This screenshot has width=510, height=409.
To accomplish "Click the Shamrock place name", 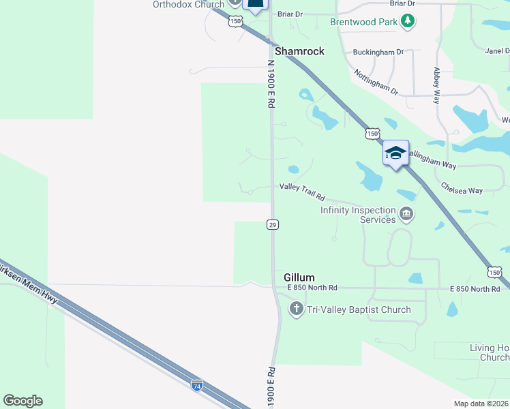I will [299, 51].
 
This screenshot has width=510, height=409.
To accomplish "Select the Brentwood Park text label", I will [363, 22].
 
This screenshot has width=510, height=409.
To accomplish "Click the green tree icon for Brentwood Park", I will [408, 22].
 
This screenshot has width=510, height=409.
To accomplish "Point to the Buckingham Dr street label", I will [378, 52].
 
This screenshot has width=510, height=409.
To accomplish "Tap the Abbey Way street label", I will [436, 85].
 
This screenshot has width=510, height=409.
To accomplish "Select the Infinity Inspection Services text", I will [358, 215].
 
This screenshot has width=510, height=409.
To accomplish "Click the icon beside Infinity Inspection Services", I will [406, 215].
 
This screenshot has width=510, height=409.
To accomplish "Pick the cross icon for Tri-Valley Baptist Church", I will [296, 309].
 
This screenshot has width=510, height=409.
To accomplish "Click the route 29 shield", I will [272, 224].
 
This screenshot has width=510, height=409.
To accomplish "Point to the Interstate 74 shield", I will [196, 386].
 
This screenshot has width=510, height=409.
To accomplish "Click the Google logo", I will [22, 401].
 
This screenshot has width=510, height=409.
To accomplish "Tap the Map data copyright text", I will [481, 404].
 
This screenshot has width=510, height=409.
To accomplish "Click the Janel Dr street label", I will [496, 51].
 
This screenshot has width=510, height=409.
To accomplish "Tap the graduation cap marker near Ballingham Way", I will [395, 153].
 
